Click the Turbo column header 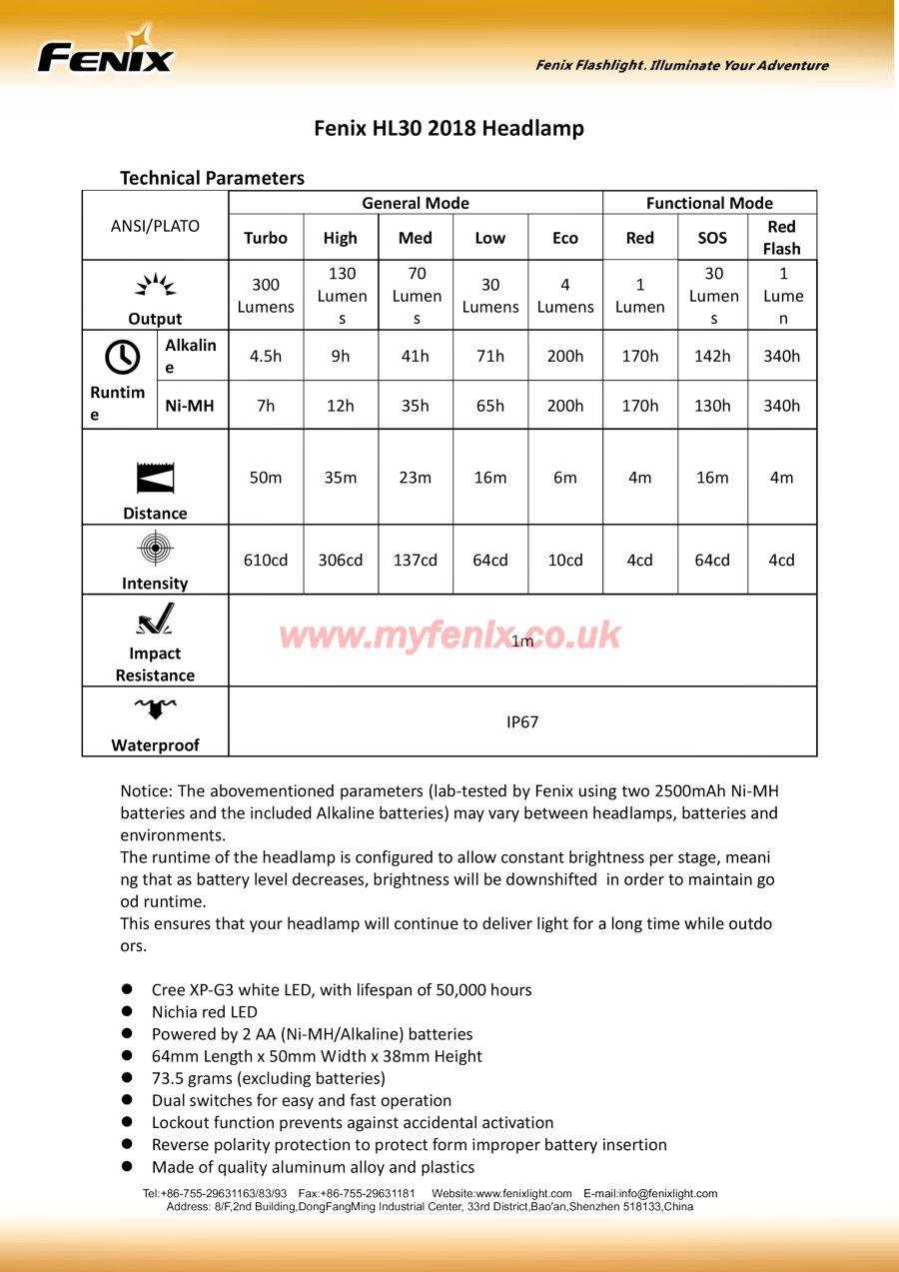click(266, 238)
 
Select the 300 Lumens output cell click(266, 296)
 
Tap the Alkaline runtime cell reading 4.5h click(266, 356)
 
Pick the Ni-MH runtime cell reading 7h click(266, 406)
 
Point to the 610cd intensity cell click(266, 560)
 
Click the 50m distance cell click(266, 478)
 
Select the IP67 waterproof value click(522, 721)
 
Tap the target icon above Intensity click(155, 549)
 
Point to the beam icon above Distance click(155, 479)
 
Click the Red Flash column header click(781, 238)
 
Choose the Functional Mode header click(709, 203)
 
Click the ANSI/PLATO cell click(155, 226)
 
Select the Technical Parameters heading click(212, 178)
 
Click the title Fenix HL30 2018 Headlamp click(449, 128)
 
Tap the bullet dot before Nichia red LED click(128, 1011)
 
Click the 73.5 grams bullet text click(268, 1078)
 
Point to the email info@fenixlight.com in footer click(667, 1193)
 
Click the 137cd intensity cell click(416, 560)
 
